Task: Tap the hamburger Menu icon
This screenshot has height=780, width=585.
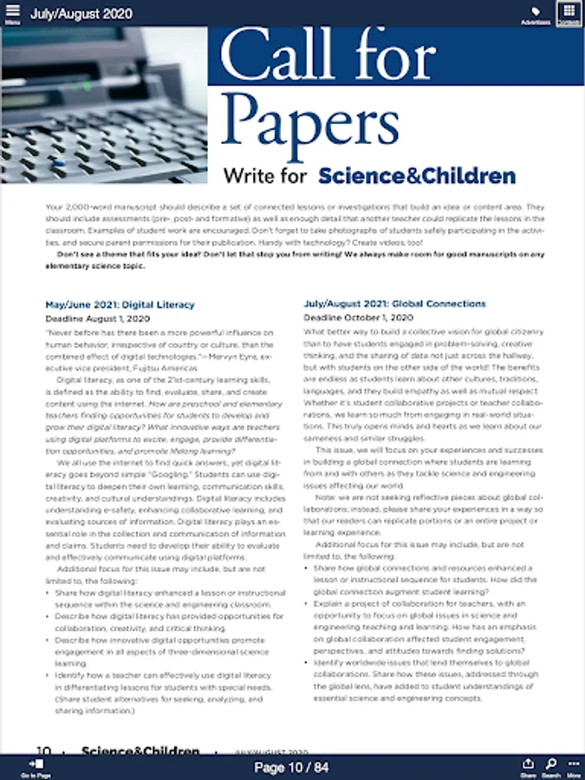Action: click(12, 12)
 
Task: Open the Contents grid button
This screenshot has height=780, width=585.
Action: click(569, 12)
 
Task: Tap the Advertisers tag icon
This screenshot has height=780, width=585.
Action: click(536, 13)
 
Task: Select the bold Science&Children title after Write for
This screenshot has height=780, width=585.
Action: click(417, 176)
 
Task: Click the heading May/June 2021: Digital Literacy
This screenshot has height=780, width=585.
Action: click(120, 305)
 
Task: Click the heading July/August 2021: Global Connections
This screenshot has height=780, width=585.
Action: click(394, 304)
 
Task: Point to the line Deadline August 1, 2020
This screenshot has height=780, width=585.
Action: click(96, 319)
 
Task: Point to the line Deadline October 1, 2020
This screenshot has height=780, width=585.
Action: click(357, 318)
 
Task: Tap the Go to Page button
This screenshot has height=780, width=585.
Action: click(36, 766)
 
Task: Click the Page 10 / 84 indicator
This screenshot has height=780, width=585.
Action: click(291, 767)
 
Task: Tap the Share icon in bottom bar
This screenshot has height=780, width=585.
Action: click(528, 765)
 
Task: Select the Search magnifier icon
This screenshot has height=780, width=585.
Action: click(551, 765)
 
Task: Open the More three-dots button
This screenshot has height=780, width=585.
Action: click(573, 765)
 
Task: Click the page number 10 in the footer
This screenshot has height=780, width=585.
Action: click(44, 751)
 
